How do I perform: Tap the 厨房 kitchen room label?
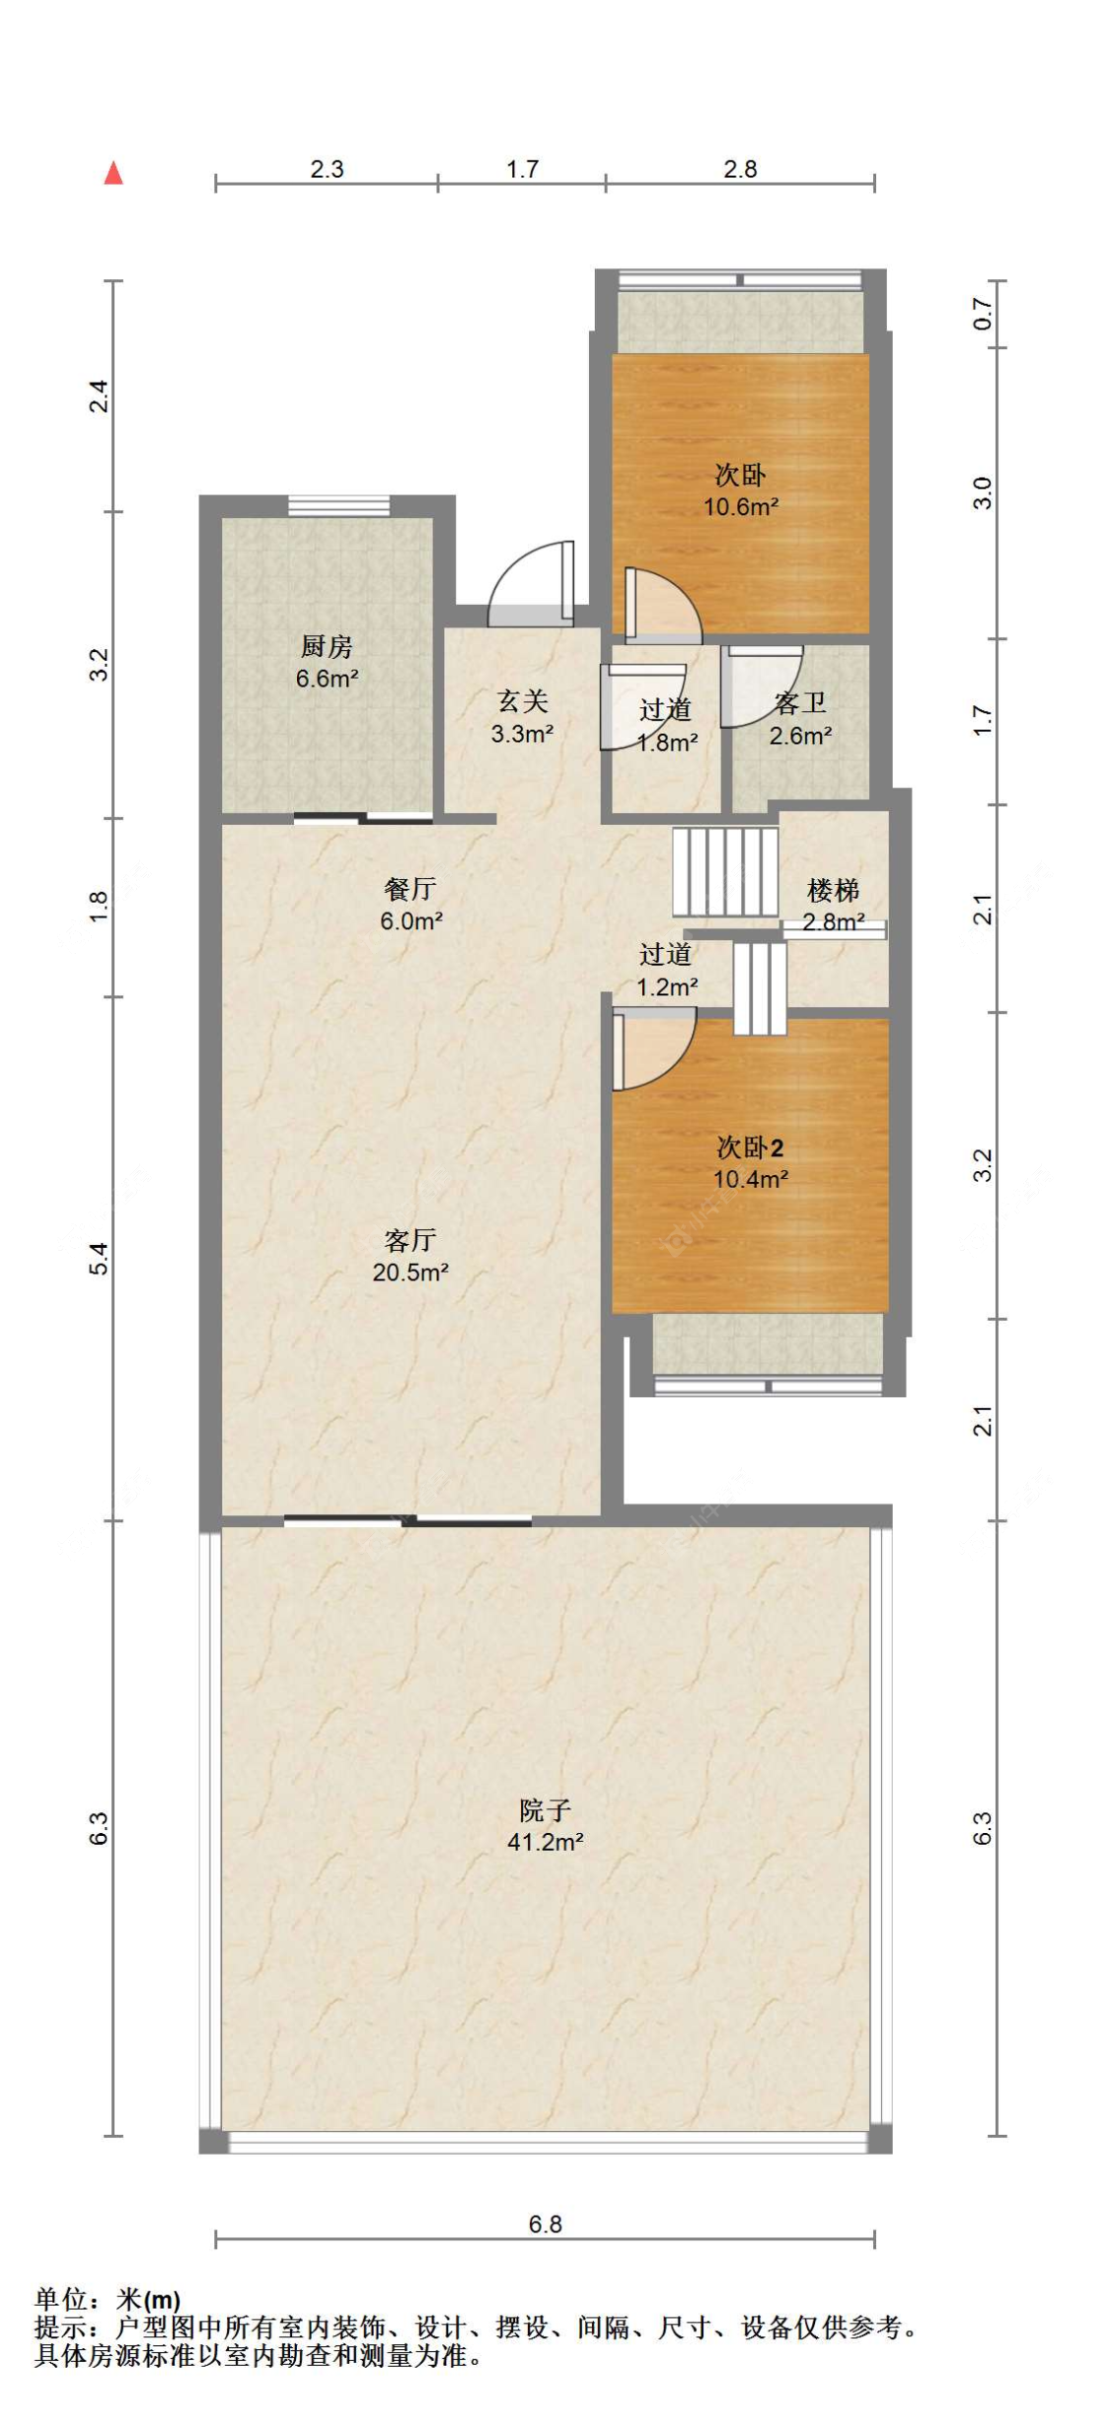[x=327, y=646]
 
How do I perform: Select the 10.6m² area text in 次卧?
[x=741, y=507]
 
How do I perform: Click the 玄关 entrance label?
[x=523, y=701]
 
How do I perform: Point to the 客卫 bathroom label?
[x=800, y=703]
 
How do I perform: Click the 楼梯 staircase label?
[x=833, y=891]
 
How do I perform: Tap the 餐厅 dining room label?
[x=410, y=889]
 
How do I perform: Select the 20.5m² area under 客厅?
[x=410, y=1273]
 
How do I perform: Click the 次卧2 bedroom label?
[x=750, y=1147]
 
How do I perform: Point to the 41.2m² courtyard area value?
[x=546, y=1842]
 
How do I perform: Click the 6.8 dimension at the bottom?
[x=545, y=2224]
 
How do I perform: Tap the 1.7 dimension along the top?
[x=522, y=169]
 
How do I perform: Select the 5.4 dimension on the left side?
[x=99, y=1259]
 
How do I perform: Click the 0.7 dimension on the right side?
[x=983, y=314]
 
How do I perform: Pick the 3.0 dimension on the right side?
[x=983, y=492]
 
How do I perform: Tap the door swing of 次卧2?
[x=651, y=1049]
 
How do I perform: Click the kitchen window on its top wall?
[x=338, y=506]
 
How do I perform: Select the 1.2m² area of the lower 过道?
[x=667, y=987]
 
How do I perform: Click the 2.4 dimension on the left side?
[x=99, y=396]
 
